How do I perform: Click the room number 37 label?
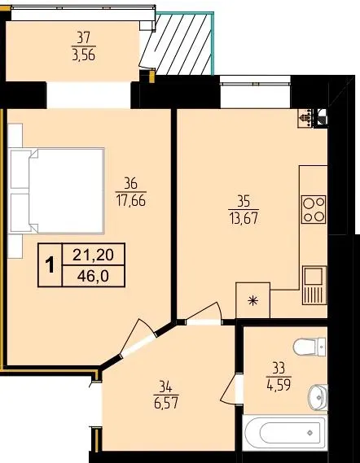tap(84, 37)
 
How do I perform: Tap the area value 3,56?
tap(84, 55)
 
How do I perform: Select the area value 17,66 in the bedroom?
tap(130, 201)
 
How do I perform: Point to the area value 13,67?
tap(244, 219)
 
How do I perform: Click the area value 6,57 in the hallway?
tap(166, 403)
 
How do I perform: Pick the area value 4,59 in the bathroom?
tap(279, 385)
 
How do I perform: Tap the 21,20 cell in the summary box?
tap(93, 254)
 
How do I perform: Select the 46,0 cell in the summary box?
tap(93, 276)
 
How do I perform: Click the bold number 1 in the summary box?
tap(50, 265)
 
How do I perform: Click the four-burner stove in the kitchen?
tap(314, 209)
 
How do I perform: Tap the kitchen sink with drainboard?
tap(314, 286)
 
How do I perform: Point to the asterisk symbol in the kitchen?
tap(253, 301)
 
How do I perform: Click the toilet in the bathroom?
tap(310, 347)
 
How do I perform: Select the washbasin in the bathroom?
tap(318, 397)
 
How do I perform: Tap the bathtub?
tap(285, 433)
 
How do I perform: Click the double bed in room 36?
tap(57, 190)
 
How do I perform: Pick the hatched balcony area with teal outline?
tap(183, 43)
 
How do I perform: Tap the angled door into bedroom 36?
tap(138, 338)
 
